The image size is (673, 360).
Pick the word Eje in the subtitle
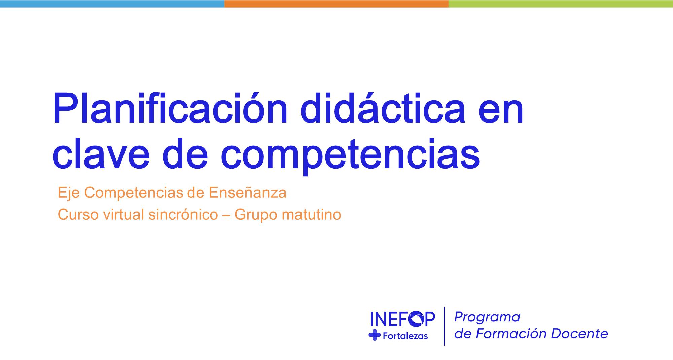click(x=69, y=193)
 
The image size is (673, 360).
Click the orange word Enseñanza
click(x=247, y=193)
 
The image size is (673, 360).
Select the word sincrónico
click(x=183, y=215)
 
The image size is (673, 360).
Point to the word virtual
click(x=123, y=215)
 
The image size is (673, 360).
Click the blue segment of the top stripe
click(x=112, y=4)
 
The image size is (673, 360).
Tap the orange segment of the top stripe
click(x=336, y=4)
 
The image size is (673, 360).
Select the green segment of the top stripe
click(x=561, y=4)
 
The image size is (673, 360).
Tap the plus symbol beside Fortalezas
click(x=375, y=335)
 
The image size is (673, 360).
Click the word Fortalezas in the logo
click(x=405, y=336)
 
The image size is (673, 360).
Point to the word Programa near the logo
click(x=487, y=317)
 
